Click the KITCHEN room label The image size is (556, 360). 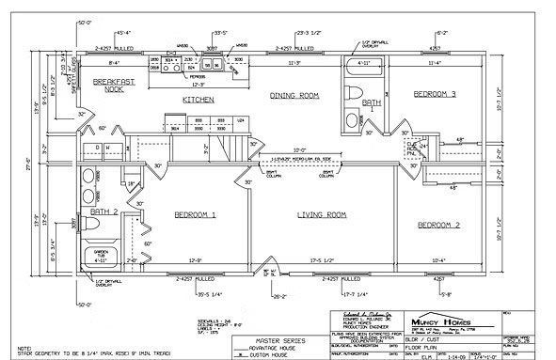(199, 99)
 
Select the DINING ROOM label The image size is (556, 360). (295, 96)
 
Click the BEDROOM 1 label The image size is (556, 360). (196, 214)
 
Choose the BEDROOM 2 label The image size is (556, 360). (438, 226)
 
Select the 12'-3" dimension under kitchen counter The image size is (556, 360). (199, 84)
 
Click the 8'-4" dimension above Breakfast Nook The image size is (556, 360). (113, 64)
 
